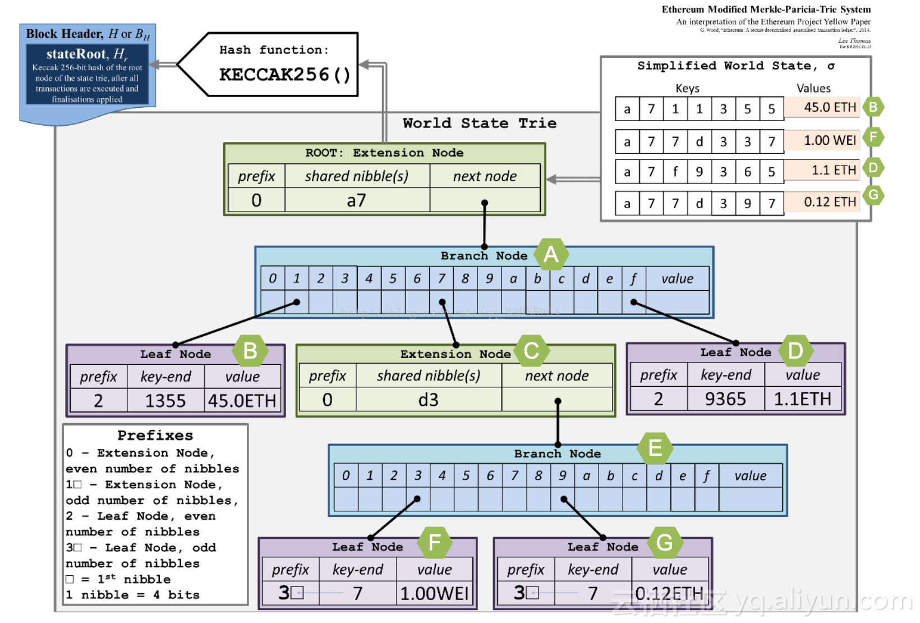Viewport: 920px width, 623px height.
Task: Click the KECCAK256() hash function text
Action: click(x=284, y=75)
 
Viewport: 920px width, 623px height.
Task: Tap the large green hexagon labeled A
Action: click(x=551, y=254)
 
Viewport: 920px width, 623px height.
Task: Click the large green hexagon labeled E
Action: click(x=655, y=448)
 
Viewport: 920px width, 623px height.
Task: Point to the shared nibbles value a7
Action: click(x=356, y=200)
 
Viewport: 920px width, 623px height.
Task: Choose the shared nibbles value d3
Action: click(x=428, y=400)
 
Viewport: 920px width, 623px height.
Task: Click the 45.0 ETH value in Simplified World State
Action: click(x=830, y=107)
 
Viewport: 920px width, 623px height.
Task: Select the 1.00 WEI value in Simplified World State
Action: click(x=830, y=140)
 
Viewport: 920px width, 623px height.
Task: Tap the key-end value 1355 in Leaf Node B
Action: click(x=165, y=401)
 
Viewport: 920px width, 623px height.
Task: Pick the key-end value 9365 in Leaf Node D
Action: click(x=725, y=399)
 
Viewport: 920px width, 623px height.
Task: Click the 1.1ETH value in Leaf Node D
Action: click(x=802, y=399)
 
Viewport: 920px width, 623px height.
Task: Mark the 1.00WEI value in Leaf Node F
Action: click(x=434, y=593)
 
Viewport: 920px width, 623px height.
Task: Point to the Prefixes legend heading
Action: click(x=155, y=436)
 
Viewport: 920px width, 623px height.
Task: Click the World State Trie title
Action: click(x=480, y=123)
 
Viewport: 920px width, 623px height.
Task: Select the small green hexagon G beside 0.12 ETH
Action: click(x=873, y=195)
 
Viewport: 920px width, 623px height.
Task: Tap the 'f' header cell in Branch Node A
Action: click(x=633, y=278)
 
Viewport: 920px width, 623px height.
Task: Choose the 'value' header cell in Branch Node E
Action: click(x=750, y=476)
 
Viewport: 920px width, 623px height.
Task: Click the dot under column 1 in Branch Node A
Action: click(x=297, y=302)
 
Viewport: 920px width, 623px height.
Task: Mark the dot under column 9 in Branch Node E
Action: click(x=564, y=499)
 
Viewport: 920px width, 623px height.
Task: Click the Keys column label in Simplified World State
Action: click(x=687, y=88)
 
